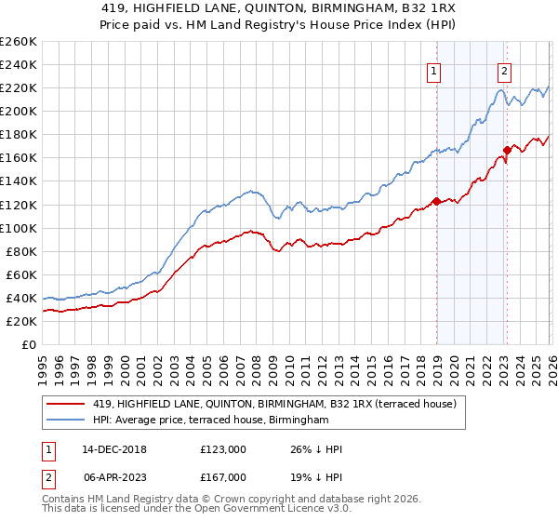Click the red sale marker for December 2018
(436, 200)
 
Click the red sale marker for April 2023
(507, 149)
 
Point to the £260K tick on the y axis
(18, 41)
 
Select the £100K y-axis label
(18, 228)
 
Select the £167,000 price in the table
(222, 477)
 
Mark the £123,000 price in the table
(222, 449)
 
